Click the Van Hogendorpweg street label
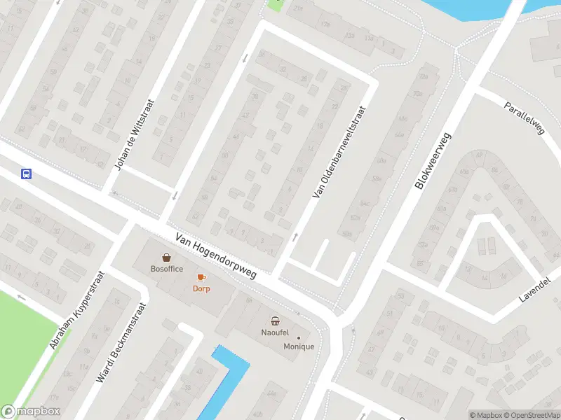(216, 256)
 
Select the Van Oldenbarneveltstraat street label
(340, 152)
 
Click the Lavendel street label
(536, 288)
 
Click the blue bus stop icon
(26, 174)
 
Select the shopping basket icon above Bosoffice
(167, 258)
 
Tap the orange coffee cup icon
(201, 277)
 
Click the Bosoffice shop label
(167, 269)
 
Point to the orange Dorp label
(201, 288)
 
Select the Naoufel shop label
(276, 333)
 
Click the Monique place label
(299, 347)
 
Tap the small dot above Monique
(299, 338)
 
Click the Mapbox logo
(30, 412)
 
